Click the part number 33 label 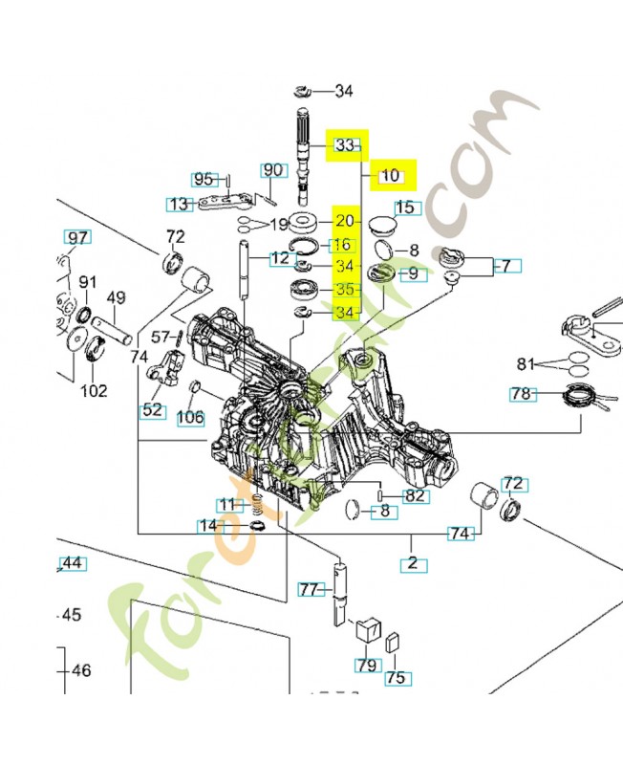pos(346,145)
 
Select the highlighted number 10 pos(390,176)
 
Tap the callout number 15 pos(406,208)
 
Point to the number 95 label pos(204,179)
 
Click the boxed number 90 pos(273,170)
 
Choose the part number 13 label pos(178,204)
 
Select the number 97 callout pos(76,237)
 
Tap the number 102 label pos(93,390)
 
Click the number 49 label pos(116,298)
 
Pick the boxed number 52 pos(152,410)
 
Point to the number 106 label pos(190,417)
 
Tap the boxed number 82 pos(414,495)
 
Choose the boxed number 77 pos(308,589)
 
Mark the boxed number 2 pos(413,563)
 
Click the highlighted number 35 pos(345,289)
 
